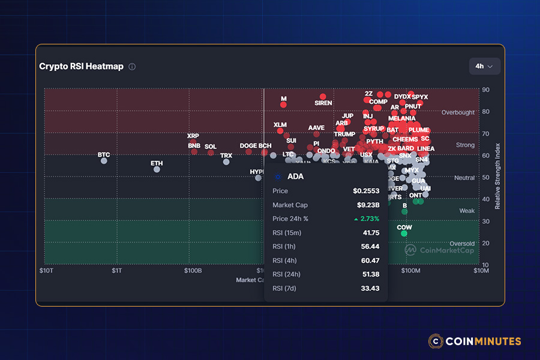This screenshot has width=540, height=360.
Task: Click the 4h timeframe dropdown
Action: [484, 66]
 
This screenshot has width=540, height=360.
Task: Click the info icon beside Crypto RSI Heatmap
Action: [132, 67]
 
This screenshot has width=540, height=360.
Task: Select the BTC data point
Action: [104, 161]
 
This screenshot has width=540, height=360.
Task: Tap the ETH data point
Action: [157, 169]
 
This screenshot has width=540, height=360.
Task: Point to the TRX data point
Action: [226, 161]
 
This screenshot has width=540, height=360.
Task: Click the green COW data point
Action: [404, 233]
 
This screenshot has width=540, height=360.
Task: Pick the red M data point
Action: [283, 104]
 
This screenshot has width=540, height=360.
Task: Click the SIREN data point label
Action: [323, 103]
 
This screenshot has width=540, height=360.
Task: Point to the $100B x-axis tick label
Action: [192, 271]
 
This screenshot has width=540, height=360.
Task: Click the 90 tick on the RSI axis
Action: [485, 90]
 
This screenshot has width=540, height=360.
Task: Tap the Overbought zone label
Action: [458, 112]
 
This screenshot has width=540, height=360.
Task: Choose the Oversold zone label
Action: [462, 244]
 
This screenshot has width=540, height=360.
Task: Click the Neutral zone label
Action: [464, 178]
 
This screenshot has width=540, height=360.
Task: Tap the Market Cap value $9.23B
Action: [368, 205]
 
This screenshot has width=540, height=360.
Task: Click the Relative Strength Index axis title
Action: [497, 176]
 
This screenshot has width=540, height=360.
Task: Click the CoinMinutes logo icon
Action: [436, 341]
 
